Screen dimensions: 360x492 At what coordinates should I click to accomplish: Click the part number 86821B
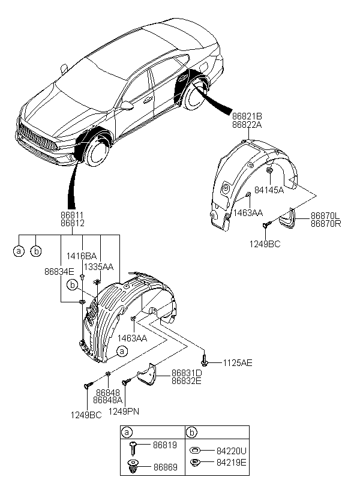click(x=247, y=116)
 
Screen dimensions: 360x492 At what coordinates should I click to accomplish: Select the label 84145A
click(x=269, y=190)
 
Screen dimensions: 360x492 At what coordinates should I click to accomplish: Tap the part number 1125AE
click(x=238, y=363)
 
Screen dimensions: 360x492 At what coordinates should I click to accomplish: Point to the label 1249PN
click(x=124, y=411)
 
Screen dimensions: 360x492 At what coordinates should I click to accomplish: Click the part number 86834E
click(x=59, y=272)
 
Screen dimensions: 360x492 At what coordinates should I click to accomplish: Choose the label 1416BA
click(x=81, y=256)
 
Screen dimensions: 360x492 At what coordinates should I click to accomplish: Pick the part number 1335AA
click(x=98, y=267)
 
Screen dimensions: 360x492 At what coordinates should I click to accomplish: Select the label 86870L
click(x=325, y=216)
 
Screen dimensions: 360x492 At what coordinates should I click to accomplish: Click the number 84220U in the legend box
click(x=232, y=451)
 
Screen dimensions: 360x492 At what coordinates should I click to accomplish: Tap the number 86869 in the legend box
click(x=166, y=467)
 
